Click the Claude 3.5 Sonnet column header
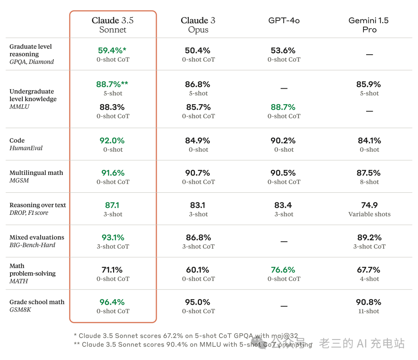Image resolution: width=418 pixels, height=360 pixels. click(x=113, y=25)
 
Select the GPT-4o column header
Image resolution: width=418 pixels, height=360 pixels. click(x=284, y=21)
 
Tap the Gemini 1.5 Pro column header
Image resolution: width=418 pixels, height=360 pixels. click(x=368, y=25)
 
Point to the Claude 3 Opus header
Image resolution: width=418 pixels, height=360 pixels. click(x=198, y=25)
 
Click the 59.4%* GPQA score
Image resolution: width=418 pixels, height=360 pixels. click(x=112, y=50)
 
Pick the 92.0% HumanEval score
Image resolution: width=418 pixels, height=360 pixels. click(x=112, y=141)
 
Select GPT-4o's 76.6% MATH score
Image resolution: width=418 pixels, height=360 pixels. click(x=283, y=270)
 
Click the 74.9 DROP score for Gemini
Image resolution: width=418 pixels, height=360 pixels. click(x=369, y=205)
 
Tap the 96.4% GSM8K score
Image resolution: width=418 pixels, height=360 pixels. click(x=112, y=302)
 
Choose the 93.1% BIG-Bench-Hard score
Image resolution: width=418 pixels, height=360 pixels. click(x=112, y=237)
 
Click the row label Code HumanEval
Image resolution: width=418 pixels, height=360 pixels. click(x=26, y=144)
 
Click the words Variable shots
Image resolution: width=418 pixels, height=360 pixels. click(x=369, y=214)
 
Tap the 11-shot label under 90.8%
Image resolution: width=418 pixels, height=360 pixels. click(x=369, y=311)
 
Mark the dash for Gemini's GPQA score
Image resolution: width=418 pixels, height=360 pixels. click(x=369, y=55)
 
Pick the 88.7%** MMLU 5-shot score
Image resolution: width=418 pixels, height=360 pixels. click(x=112, y=84)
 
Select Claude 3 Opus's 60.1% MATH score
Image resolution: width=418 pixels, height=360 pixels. click(x=198, y=270)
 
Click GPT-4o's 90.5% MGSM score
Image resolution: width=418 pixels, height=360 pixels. click(x=283, y=173)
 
